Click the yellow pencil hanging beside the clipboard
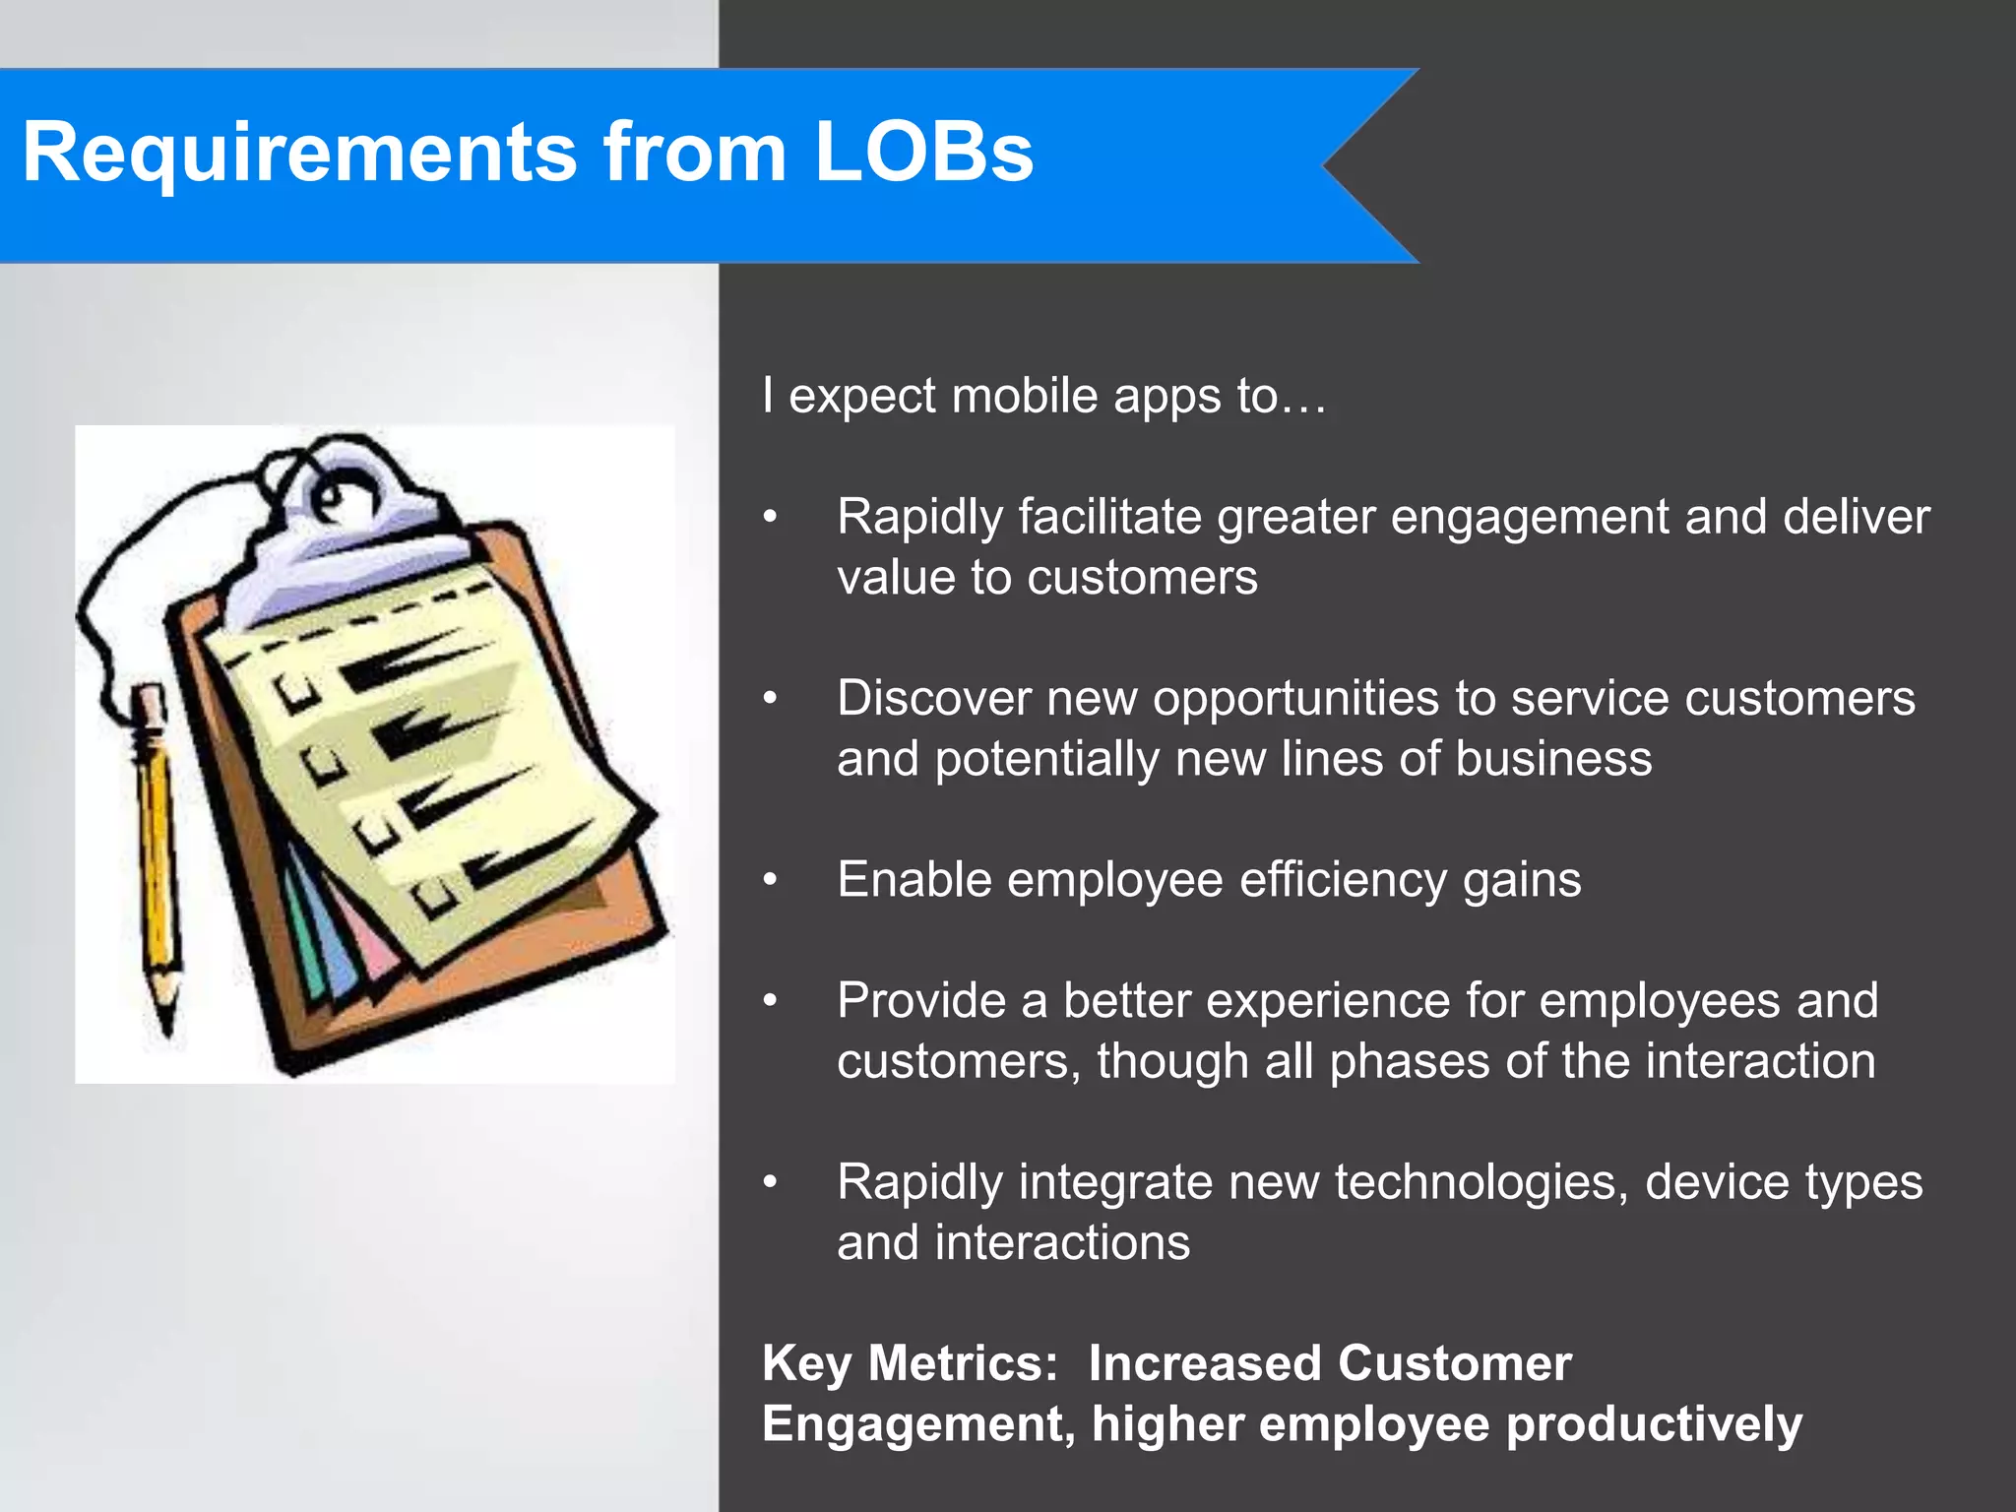(157, 837)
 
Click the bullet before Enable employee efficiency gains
(771, 879)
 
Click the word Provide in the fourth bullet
(920, 1001)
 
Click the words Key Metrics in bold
(910, 1364)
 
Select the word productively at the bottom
(1654, 1424)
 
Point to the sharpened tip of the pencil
(167, 1024)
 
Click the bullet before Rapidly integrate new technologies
(771, 1181)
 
